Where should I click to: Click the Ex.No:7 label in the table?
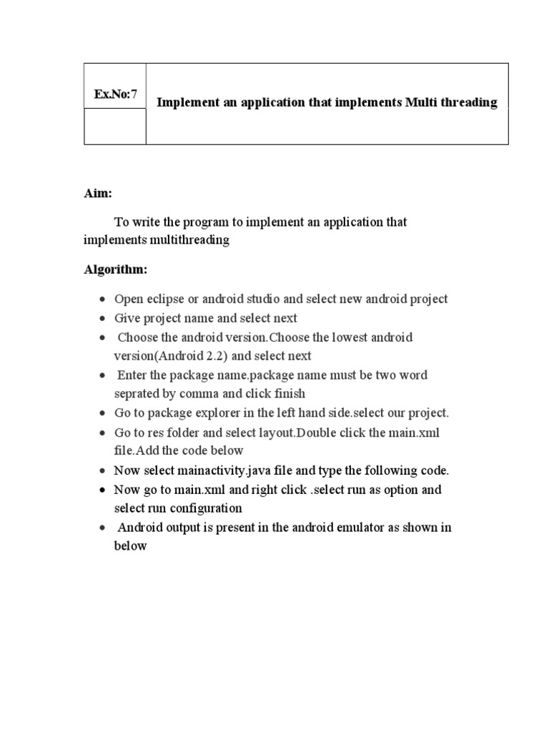(115, 94)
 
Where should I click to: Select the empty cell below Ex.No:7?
(115, 127)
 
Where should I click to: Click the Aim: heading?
(98, 193)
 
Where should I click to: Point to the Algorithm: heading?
(116, 269)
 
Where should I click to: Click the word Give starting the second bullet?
(127, 317)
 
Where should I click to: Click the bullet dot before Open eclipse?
(104, 300)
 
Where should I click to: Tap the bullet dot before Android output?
(104, 528)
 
